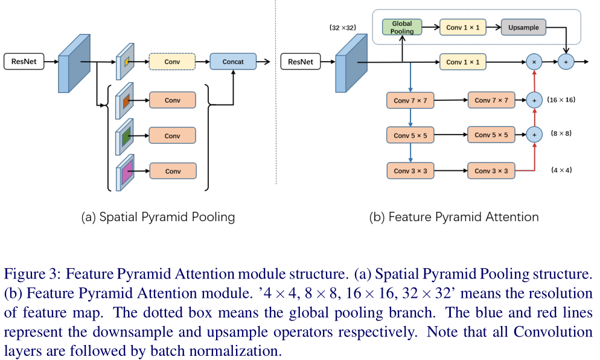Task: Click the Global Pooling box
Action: tap(402, 27)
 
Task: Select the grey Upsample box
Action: tap(523, 27)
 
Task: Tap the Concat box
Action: tap(233, 61)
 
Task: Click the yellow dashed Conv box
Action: tap(172, 62)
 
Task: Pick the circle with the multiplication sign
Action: tap(534, 62)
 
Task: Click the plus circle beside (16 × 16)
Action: tap(534, 100)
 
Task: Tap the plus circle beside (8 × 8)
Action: tap(534, 135)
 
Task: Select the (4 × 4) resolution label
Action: tap(561, 170)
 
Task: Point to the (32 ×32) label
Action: tap(342, 28)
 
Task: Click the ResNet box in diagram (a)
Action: tap(24, 61)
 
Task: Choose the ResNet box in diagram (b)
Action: tap(301, 62)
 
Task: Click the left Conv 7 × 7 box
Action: tap(410, 100)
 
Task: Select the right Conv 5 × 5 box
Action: tap(491, 135)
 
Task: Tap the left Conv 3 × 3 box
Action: tap(410, 171)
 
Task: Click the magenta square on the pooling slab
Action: tap(127, 172)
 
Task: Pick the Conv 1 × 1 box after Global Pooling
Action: tap(462, 27)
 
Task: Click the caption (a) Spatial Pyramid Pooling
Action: tap(158, 217)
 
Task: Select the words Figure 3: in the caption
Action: tap(32, 274)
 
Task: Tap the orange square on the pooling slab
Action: tap(126, 101)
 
